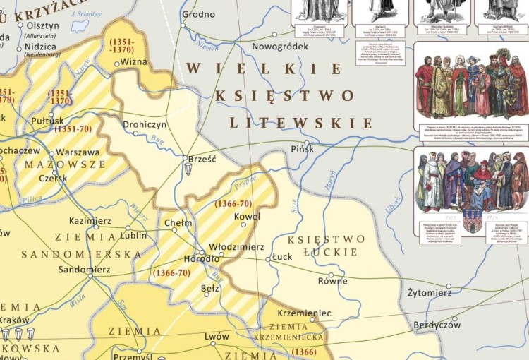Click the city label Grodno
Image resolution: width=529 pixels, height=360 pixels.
click(x=198, y=14)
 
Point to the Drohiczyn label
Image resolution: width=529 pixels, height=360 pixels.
click(x=145, y=124)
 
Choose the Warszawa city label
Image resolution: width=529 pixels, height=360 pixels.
click(x=78, y=152)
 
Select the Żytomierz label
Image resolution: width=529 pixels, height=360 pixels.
click(x=430, y=292)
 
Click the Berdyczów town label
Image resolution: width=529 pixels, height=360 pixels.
click(x=436, y=325)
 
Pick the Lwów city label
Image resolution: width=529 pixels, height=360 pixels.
click(x=217, y=337)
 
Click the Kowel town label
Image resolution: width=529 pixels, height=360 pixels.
click(x=247, y=217)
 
